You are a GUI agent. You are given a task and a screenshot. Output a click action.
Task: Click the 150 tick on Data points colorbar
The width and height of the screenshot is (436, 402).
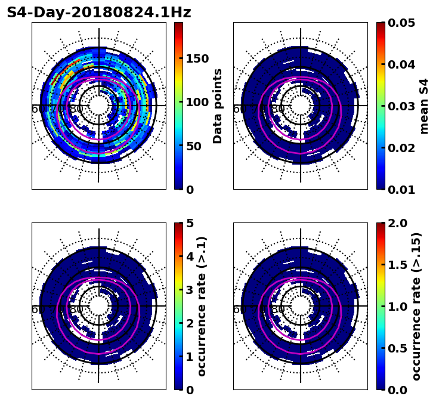tap(197, 58)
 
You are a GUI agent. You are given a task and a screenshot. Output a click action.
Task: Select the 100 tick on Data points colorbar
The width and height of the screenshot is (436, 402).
tap(197, 102)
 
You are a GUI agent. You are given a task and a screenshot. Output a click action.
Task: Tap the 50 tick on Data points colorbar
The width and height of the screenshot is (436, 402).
tap(194, 146)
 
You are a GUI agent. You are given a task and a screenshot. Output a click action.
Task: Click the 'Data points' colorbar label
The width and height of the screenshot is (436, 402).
tap(218, 106)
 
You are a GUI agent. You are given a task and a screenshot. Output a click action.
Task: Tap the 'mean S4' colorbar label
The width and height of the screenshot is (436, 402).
tap(424, 106)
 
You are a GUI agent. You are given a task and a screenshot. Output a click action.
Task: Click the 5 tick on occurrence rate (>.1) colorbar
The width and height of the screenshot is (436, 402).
tap(190, 223)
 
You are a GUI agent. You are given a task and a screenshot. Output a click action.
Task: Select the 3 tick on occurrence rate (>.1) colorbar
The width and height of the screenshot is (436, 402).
tap(190, 290)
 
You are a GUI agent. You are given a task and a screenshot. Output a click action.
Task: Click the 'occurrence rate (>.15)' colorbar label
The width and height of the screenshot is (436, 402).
tap(416, 306)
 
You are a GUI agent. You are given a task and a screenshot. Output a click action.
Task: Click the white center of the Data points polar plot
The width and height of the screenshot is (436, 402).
tap(99, 106)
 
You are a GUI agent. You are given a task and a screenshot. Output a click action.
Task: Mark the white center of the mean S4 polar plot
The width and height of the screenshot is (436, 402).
tap(301, 106)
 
